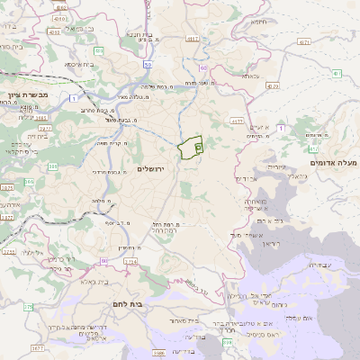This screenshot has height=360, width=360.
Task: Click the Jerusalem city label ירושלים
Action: click(153, 168)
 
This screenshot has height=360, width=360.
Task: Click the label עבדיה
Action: click(319, 265)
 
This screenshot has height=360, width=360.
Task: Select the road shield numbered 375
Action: click(28, 307)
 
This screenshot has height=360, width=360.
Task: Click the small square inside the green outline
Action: click(198, 144)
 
